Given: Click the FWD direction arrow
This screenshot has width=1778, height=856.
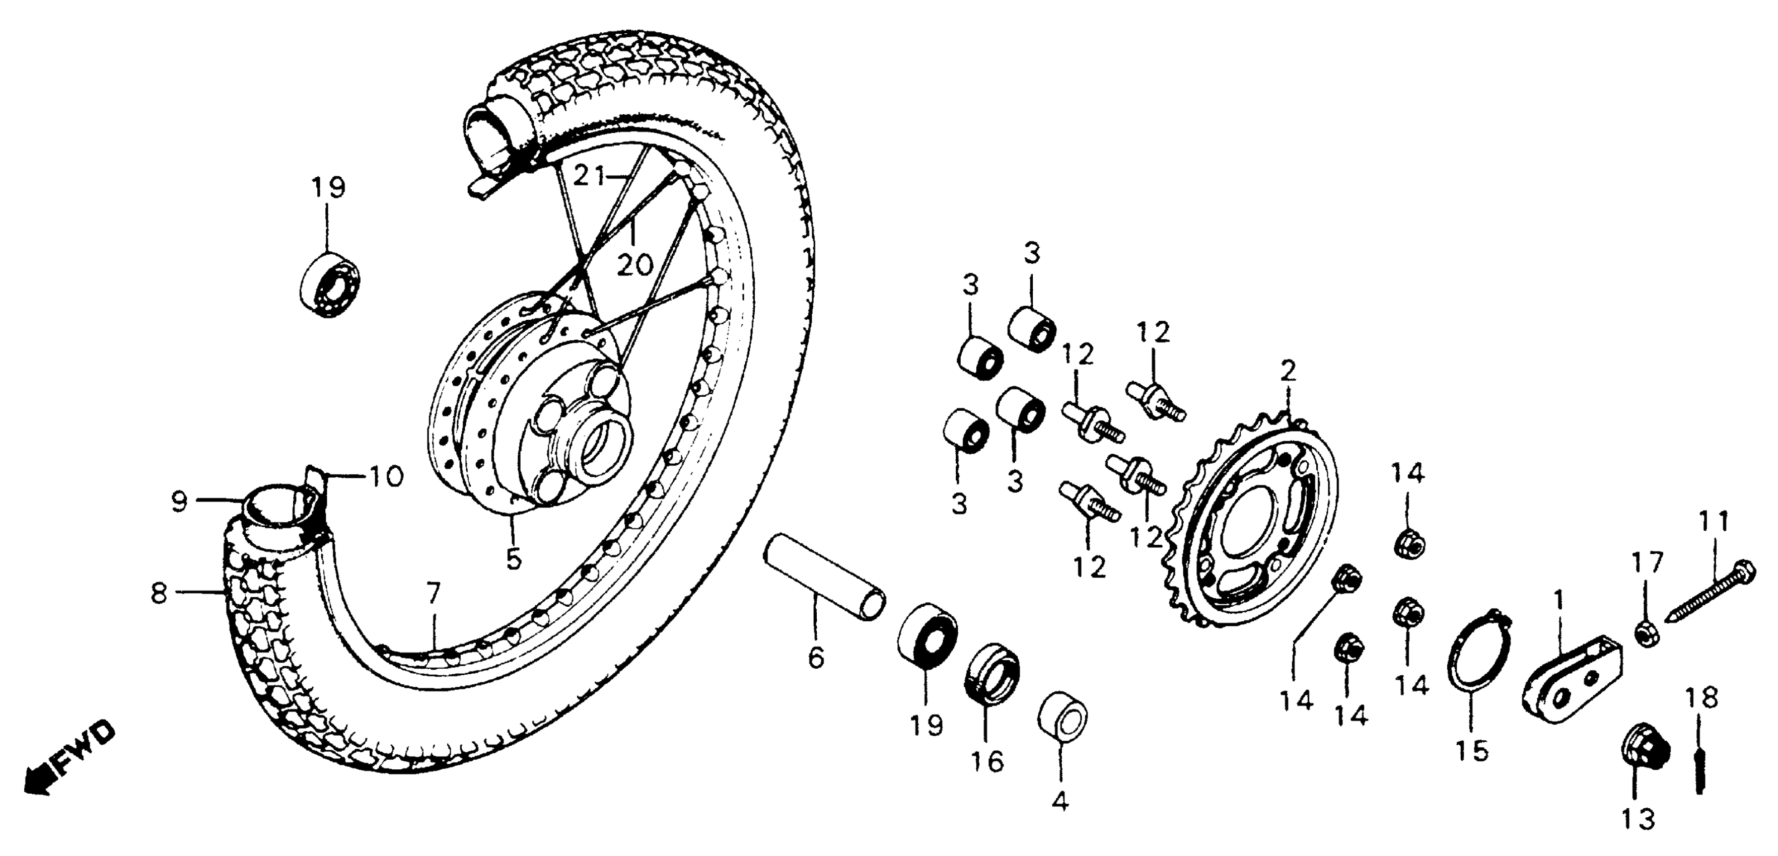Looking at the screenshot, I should point(65,759).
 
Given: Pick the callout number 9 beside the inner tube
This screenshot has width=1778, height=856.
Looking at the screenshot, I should point(179,502).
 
